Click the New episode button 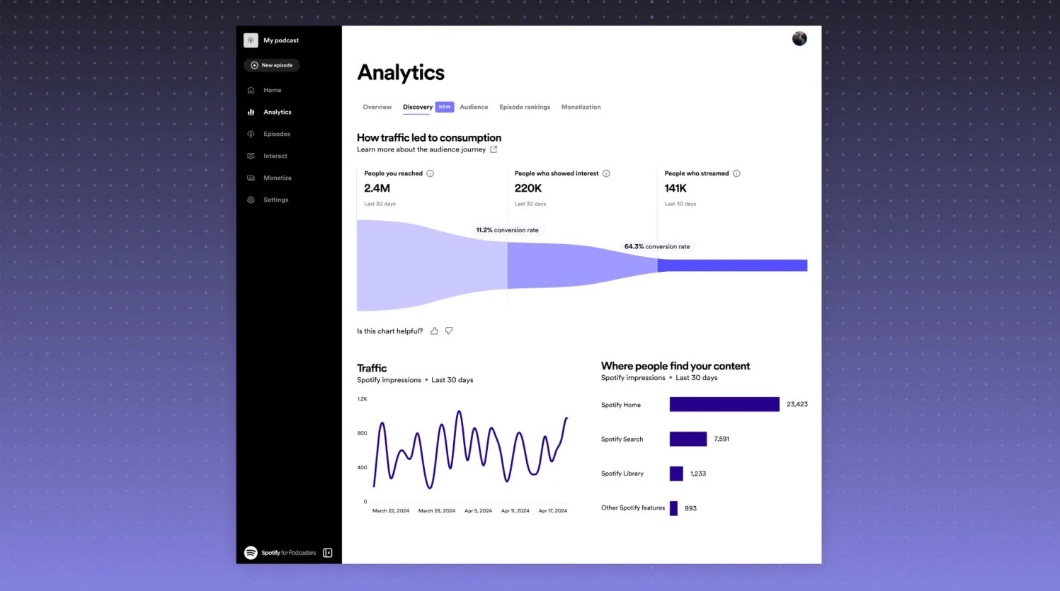pyautogui.click(x=272, y=65)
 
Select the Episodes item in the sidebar pyautogui.click(x=276, y=134)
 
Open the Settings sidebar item pyautogui.click(x=275, y=200)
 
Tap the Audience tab pyautogui.click(x=474, y=107)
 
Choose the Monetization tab pyautogui.click(x=581, y=107)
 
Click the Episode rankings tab pyautogui.click(x=525, y=107)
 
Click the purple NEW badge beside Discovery pyautogui.click(x=445, y=107)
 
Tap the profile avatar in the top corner pyautogui.click(x=799, y=39)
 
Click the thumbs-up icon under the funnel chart pyautogui.click(x=434, y=331)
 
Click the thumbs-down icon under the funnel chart pyautogui.click(x=449, y=331)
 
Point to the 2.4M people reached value pyautogui.click(x=377, y=188)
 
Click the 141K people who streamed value pyautogui.click(x=676, y=188)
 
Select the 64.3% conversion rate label pyautogui.click(x=657, y=246)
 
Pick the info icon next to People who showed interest pyautogui.click(x=606, y=173)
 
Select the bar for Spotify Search pyautogui.click(x=688, y=439)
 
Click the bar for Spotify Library pyautogui.click(x=676, y=474)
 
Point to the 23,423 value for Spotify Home pyautogui.click(x=797, y=404)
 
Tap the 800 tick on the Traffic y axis pyautogui.click(x=362, y=433)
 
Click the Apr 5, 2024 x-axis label pyautogui.click(x=478, y=510)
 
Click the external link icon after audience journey pyautogui.click(x=494, y=149)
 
